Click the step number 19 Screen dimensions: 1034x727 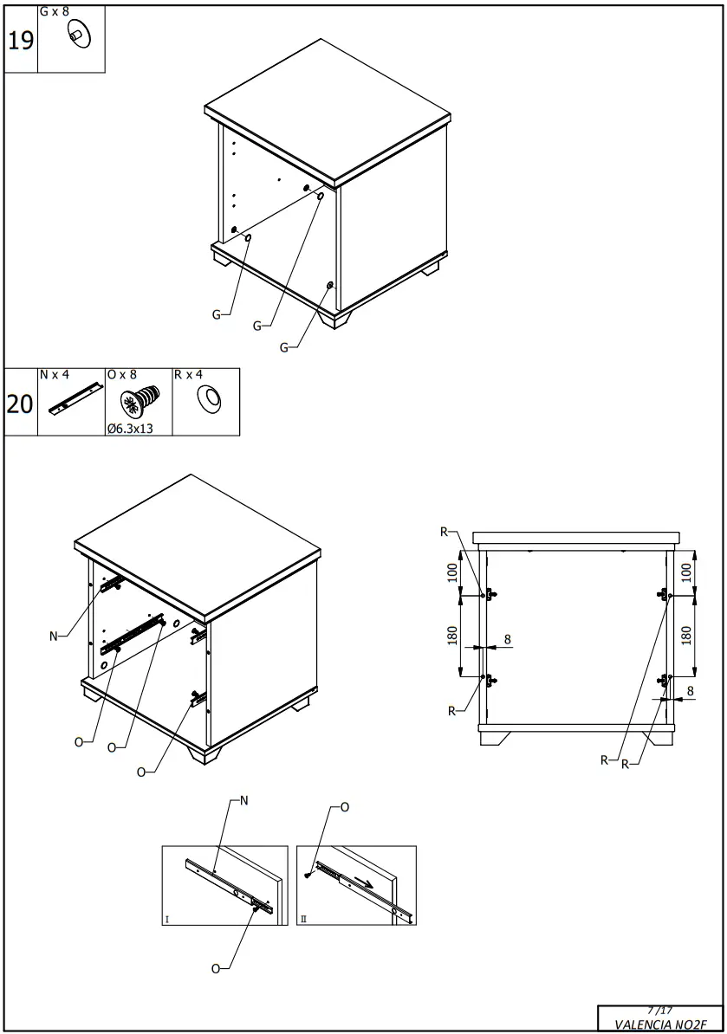click(x=21, y=41)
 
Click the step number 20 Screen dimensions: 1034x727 click(x=20, y=404)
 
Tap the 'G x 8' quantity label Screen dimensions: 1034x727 click(x=54, y=12)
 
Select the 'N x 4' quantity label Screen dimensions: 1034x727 click(x=54, y=375)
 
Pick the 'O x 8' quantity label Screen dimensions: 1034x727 click(x=122, y=375)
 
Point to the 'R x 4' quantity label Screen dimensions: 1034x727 click(x=188, y=375)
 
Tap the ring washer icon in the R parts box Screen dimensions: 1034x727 click(x=209, y=399)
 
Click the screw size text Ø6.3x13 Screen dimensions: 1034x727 click(x=130, y=428)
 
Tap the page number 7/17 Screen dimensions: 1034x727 click(x=659, y=1010)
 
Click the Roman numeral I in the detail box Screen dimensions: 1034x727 click(x=167, y=920)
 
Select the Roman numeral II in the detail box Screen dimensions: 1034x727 click(x=302, y=920)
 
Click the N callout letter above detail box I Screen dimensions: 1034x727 click(x=243, y=801)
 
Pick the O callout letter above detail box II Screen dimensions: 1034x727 click(x=344, y=807)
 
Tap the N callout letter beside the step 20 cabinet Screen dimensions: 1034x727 click(x=54, y=637)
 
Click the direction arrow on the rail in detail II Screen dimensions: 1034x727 click(x=367, y=884)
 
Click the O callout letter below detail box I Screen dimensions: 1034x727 click(x=216, y=968)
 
